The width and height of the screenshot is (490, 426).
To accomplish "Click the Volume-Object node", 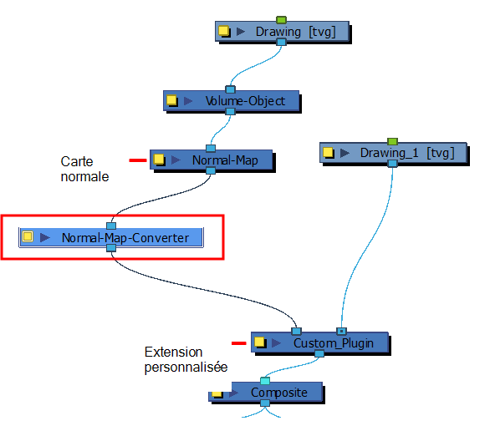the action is coord(232,101).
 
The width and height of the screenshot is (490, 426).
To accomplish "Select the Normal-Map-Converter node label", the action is coord(125,238).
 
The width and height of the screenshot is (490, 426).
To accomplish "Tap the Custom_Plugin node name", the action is coord(334,343).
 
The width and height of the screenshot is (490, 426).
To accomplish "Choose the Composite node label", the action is coord(279,393).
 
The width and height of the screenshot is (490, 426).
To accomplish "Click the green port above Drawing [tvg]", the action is coord(281,20).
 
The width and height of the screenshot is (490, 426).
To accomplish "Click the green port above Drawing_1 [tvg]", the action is coord(392,141).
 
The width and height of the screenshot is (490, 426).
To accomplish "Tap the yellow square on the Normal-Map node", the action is coord(159,160).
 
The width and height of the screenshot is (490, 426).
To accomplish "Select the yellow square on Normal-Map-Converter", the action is coord(28,236).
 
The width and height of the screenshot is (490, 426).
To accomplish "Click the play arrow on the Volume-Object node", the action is coord(188,101).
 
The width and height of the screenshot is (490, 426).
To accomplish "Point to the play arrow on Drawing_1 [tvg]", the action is coord(345,153).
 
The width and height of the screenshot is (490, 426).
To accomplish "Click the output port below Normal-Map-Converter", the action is coord(111,248).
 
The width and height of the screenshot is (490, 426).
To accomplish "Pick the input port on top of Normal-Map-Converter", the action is coord(111,226).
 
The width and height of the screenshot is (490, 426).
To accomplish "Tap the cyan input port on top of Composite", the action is coord(265,381).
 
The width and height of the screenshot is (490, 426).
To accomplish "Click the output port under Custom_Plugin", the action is coord(319,353).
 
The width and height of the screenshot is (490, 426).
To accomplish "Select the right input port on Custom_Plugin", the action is coord(341,331).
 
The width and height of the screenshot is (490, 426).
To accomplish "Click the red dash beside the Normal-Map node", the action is coord(138,160).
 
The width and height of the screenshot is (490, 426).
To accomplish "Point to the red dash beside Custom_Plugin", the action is coord(239,343).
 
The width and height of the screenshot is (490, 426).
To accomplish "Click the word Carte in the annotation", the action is coord(77,161).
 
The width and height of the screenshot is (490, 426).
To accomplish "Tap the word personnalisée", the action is coord(186,367).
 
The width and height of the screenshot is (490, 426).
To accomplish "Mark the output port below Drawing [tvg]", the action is coord(281,42).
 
